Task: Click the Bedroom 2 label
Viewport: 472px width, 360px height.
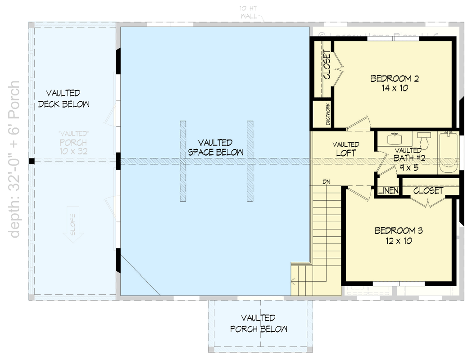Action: coord(395,79)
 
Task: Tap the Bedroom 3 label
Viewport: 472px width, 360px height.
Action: coord(399,231)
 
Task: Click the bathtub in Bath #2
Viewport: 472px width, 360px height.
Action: coord(449,152)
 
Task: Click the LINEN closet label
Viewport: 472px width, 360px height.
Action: coord(388,191)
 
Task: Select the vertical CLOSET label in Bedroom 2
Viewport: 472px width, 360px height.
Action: coord(327,67)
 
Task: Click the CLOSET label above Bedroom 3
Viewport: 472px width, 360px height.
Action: coord(428,191)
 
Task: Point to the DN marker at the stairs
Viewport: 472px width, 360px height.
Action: coord(327,182)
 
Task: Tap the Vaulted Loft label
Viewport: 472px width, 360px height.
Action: coord(345,149)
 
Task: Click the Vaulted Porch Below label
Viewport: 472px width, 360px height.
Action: coord(258,324)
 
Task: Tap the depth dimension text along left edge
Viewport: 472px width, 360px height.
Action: coord(15,160)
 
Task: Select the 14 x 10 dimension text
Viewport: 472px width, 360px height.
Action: coord(395,89)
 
